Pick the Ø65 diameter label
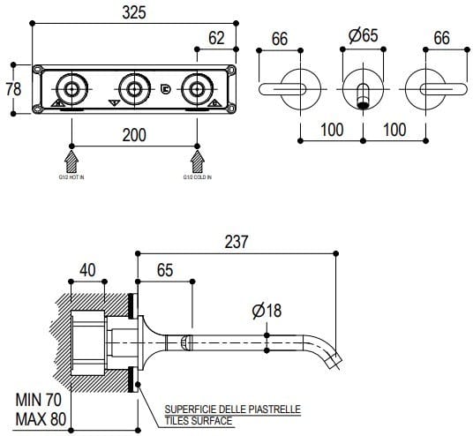(x=364, y=37)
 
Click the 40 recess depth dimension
(x=86, y=269)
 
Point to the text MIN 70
(x=37, y=399)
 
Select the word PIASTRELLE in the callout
(x=273, y=410)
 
